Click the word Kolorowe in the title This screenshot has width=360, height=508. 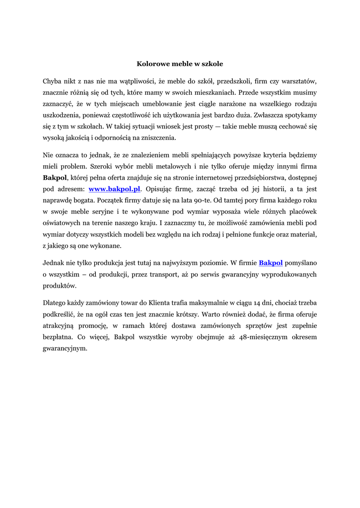click(152, 64)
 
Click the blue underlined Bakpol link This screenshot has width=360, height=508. click(271, 262)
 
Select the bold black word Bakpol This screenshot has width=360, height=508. click(55, 178)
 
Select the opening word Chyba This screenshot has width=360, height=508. click(52, 80)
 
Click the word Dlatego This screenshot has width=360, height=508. click(55, 303)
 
